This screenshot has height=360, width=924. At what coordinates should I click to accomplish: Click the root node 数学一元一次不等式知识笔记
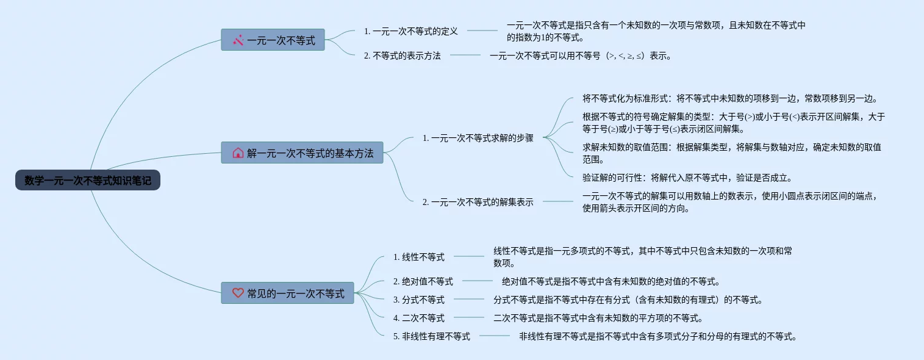click(88, 180)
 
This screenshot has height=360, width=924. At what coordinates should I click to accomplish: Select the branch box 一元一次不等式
click(273, 40)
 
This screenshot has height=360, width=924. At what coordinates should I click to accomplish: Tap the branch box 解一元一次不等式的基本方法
click(302, 153)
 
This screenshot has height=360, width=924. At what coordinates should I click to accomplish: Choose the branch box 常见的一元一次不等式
click(287, 293)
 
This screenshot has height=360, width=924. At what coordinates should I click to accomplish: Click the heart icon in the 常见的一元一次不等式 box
click(238, 293)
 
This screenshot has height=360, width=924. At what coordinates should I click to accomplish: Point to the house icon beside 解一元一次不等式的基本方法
click(238, 153)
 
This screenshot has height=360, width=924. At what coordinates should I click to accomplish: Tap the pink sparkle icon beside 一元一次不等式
click(238, 40)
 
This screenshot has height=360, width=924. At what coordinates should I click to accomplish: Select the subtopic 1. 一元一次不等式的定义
click(410, 31)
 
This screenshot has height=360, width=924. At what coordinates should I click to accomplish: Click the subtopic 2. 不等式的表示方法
click(402, 56)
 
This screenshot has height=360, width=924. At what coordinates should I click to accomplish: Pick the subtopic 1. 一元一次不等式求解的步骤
click(478, 138)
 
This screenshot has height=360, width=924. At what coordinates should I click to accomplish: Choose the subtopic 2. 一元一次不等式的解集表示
click(478, 202)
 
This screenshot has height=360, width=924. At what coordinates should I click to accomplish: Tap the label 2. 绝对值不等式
click(423, 281)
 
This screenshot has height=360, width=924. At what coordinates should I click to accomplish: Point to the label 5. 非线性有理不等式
click(431, 336)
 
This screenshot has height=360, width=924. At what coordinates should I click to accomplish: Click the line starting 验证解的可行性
click(687, 178)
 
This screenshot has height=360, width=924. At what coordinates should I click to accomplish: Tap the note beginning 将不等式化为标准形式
click(729, 98)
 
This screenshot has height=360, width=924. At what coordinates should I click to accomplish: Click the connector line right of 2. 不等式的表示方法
click(465, 56)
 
